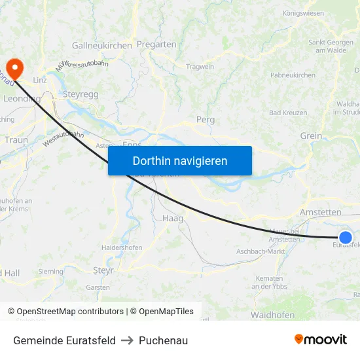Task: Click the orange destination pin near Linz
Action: click(x=14, y=67)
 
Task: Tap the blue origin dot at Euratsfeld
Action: click(x=346, y=238)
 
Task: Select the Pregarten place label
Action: click(x=157, y=45)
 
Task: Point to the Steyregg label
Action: click(x=81, y=94)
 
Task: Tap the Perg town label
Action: click(x=206, y=120)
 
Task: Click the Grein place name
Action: click(x=311, y=136)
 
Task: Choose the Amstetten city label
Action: click(x=320, y=213)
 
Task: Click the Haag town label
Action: click(x=172, y=218)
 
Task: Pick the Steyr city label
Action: click(x=103, y=270)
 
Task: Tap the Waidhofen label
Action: click(x=271, y=315)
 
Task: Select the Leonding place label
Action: click(x=22, y=99)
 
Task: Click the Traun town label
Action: click(x=16, y=139)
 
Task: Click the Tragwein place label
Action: click(x=200, y=67)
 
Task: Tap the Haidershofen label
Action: click(x=122, y=247)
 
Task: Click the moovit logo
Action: click(x=321, y=340)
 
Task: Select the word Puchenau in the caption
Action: click(x=163, y=340)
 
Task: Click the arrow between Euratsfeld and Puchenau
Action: click(x=127, y=340)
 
